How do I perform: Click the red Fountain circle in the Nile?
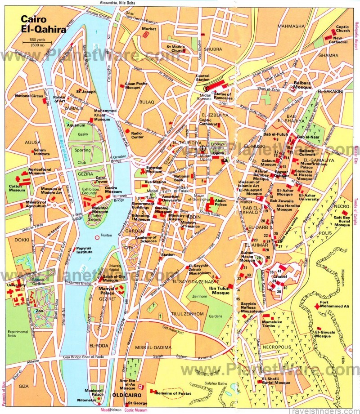coord(97,237)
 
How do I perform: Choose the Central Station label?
coord(202,78)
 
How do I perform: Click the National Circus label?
coord(28,96)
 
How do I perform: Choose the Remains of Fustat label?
coord(172,393)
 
